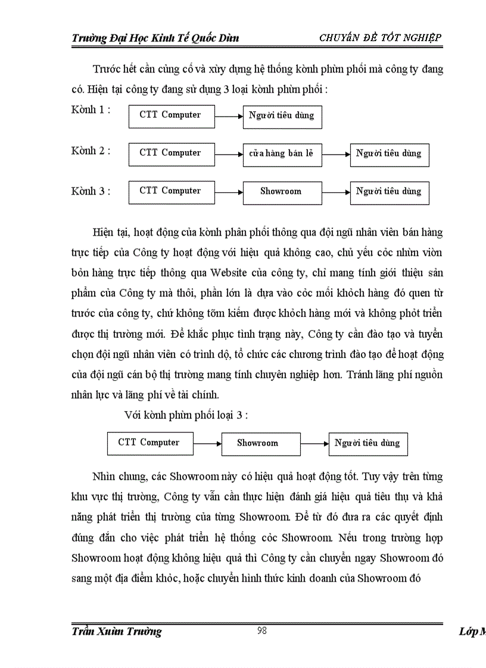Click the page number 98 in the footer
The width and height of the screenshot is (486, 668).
pyautogui.click(x=261, y=631)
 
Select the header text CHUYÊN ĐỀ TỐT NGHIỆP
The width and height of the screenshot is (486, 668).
pyautogui.click(x=380, y=38)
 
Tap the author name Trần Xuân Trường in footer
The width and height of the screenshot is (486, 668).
pyautogui.click(x=117, y=632)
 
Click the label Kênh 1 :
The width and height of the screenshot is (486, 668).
pyautogui.click(x=91, y=110)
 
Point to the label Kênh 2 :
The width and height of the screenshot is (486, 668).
pyautogui.click(x=91, y=150)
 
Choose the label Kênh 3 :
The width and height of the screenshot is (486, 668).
pyautogui.click(x=91, y=191)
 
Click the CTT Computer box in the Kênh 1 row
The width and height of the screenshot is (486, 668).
pyautogui.click(x=172, y=115)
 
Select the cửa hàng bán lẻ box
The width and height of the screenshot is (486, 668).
pyautogui.click(x=282, y=153)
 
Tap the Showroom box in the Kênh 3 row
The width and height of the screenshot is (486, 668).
pyautogui.click(x=282, y=192)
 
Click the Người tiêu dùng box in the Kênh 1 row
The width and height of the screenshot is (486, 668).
pyautogui.click(x=282, y=115)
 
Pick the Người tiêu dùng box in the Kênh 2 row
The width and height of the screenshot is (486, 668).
pyautogui.click(x=389, y=153)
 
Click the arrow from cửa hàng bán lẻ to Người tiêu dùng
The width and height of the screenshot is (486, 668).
pyautogui.click(x=336, y=154)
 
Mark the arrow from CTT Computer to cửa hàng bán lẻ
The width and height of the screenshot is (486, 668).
pyautogui.click(x=229, y=154)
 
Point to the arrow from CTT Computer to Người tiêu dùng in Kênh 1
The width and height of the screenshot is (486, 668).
pyautogui.click(x=229, y=116)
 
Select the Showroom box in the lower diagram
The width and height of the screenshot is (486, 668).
pyautogui.click(x=260, y=443)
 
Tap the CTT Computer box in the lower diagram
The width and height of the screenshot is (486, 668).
pyautogui.click(x=150, y=443)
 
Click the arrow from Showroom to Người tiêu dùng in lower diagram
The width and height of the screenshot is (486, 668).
pyautogui.click(x=314, y=443)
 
